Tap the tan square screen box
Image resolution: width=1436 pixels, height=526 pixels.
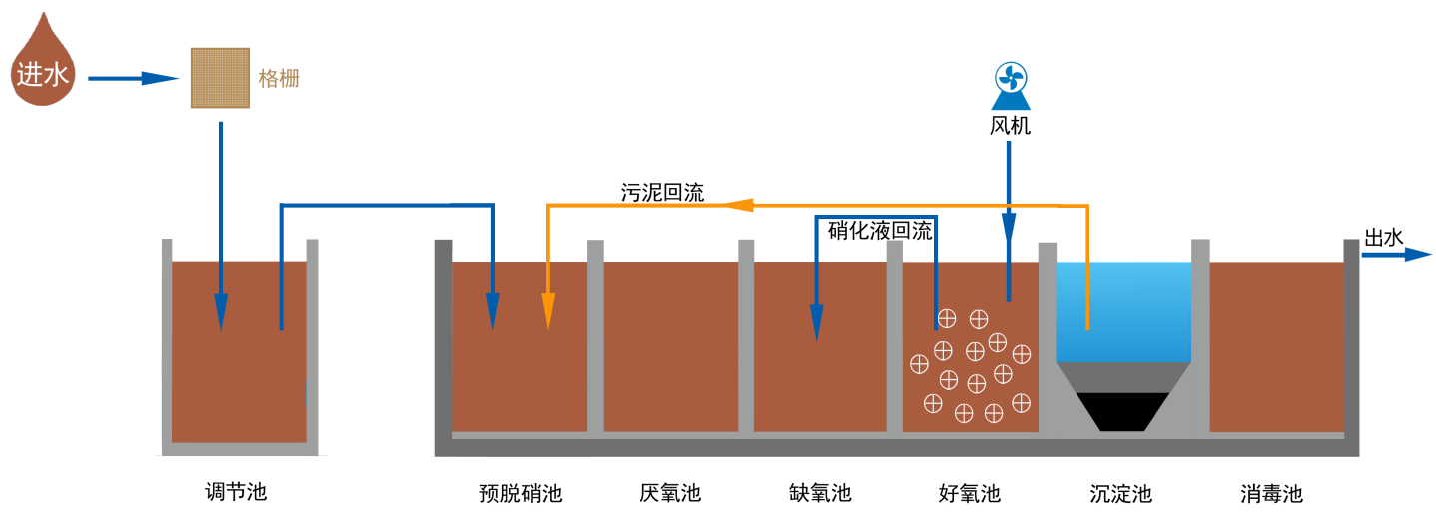click(x=220, y=78)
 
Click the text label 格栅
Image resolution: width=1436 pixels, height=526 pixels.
click(x=279, y=79)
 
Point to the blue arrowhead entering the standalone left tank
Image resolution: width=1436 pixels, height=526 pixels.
click(x=221, y=312)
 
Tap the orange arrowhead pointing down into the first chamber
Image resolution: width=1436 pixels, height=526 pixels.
click(x=547, y=310)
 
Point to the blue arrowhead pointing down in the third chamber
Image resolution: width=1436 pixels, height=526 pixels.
click(x=817, y=322)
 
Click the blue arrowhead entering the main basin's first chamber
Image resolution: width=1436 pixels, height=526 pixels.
click(x=493, y=310)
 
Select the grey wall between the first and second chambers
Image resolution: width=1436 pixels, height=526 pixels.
click(x=595, y=336)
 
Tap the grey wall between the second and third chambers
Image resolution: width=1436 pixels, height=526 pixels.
click(x=746, y=336)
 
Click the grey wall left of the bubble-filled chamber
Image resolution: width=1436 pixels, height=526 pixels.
click(x=894, y=336)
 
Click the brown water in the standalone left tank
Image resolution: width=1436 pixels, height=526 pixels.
click(x=239, y=379)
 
